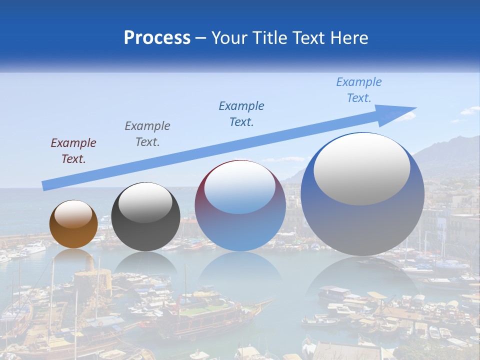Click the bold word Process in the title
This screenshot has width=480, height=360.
pos(157,38)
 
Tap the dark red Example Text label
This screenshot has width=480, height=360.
pos(73,151)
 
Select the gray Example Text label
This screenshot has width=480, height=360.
pos(147,134)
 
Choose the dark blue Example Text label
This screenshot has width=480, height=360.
pos(241,114)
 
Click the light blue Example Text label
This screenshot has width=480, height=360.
pos(359,90)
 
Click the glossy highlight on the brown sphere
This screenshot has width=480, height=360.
pos(73,213)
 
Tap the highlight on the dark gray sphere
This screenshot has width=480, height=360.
pos(145,202)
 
